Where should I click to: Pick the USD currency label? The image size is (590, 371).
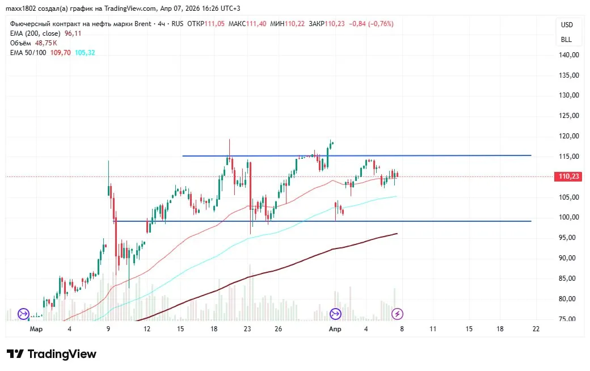pos(567,25)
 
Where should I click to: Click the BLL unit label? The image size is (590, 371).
pos(567,40)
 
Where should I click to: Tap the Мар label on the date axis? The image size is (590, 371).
pos(36,328)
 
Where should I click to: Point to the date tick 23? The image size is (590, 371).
pos(247,328)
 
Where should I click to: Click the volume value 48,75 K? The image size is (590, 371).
pos(46,43)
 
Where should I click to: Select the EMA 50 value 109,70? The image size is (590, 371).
pos(61,52)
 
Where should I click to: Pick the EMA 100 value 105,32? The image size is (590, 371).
pos(85,52)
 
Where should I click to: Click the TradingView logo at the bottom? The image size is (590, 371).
pos(52,354)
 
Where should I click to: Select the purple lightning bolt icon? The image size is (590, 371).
pos(398,313)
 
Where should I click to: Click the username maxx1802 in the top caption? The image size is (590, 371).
pos(21,9)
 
